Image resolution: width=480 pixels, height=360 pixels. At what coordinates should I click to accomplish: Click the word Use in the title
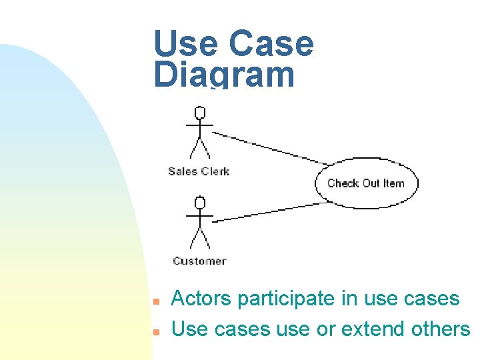(185, 44)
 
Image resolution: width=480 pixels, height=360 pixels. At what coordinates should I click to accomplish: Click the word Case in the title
(270, 44)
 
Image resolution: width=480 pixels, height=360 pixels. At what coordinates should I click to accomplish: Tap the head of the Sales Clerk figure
(199, 111)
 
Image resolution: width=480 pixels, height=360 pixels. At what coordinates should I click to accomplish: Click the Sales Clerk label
(199, 171)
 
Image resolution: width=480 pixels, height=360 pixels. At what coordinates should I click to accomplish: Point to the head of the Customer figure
(199, 203)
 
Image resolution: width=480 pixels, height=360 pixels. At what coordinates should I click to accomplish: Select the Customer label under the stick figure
(199, 261)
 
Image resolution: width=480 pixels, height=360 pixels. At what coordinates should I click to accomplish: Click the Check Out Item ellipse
(366, 183)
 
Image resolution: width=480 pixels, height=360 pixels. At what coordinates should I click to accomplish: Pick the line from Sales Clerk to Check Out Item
(270, 147)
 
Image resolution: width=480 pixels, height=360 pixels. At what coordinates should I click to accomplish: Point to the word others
(442, 329)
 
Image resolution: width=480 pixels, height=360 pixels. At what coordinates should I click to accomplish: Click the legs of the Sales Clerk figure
(199, 147)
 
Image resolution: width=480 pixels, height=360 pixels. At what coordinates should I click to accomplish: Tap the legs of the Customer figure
(199, 238)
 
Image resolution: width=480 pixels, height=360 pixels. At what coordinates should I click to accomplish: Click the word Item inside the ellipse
(393, 183)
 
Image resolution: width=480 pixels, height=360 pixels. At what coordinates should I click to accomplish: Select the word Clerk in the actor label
(214, 171)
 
